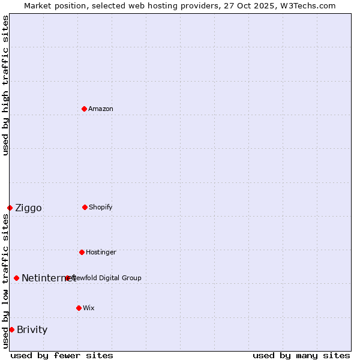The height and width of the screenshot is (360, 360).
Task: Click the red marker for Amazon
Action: (x=84, y=109)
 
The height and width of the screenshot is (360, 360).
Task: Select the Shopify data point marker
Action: (x=85, y=207)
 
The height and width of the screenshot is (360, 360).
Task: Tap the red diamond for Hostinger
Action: (x=82, y=252)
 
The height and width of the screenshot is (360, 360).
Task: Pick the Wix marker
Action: (x=79, y=308)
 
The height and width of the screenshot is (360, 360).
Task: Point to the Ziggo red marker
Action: (x=10, y=208)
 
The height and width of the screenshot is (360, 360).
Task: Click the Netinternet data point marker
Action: (x=16, y=278)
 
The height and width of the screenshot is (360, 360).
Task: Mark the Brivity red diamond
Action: (x=11, y=329)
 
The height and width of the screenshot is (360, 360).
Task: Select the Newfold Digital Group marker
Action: (x=67, y=278)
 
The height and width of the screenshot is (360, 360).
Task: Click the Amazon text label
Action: (x=101, y=109)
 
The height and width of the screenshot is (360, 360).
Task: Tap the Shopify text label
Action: (x=101, y=207)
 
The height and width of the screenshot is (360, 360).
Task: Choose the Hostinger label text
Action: (x=101, y=252)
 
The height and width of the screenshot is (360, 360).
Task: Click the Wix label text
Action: (x=89, y=308)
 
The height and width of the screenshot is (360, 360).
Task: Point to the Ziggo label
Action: (x=28, y=208)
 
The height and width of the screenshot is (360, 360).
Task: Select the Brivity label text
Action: (x=32, y=329)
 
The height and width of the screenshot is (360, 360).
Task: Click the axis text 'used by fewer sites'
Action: (x=62, y=355)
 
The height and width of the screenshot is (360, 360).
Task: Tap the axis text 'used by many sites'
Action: (x=301, y=355)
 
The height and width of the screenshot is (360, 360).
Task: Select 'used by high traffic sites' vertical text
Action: (x=5, y=85)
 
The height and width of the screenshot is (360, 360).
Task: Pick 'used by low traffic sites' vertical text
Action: (x=5, y=280)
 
